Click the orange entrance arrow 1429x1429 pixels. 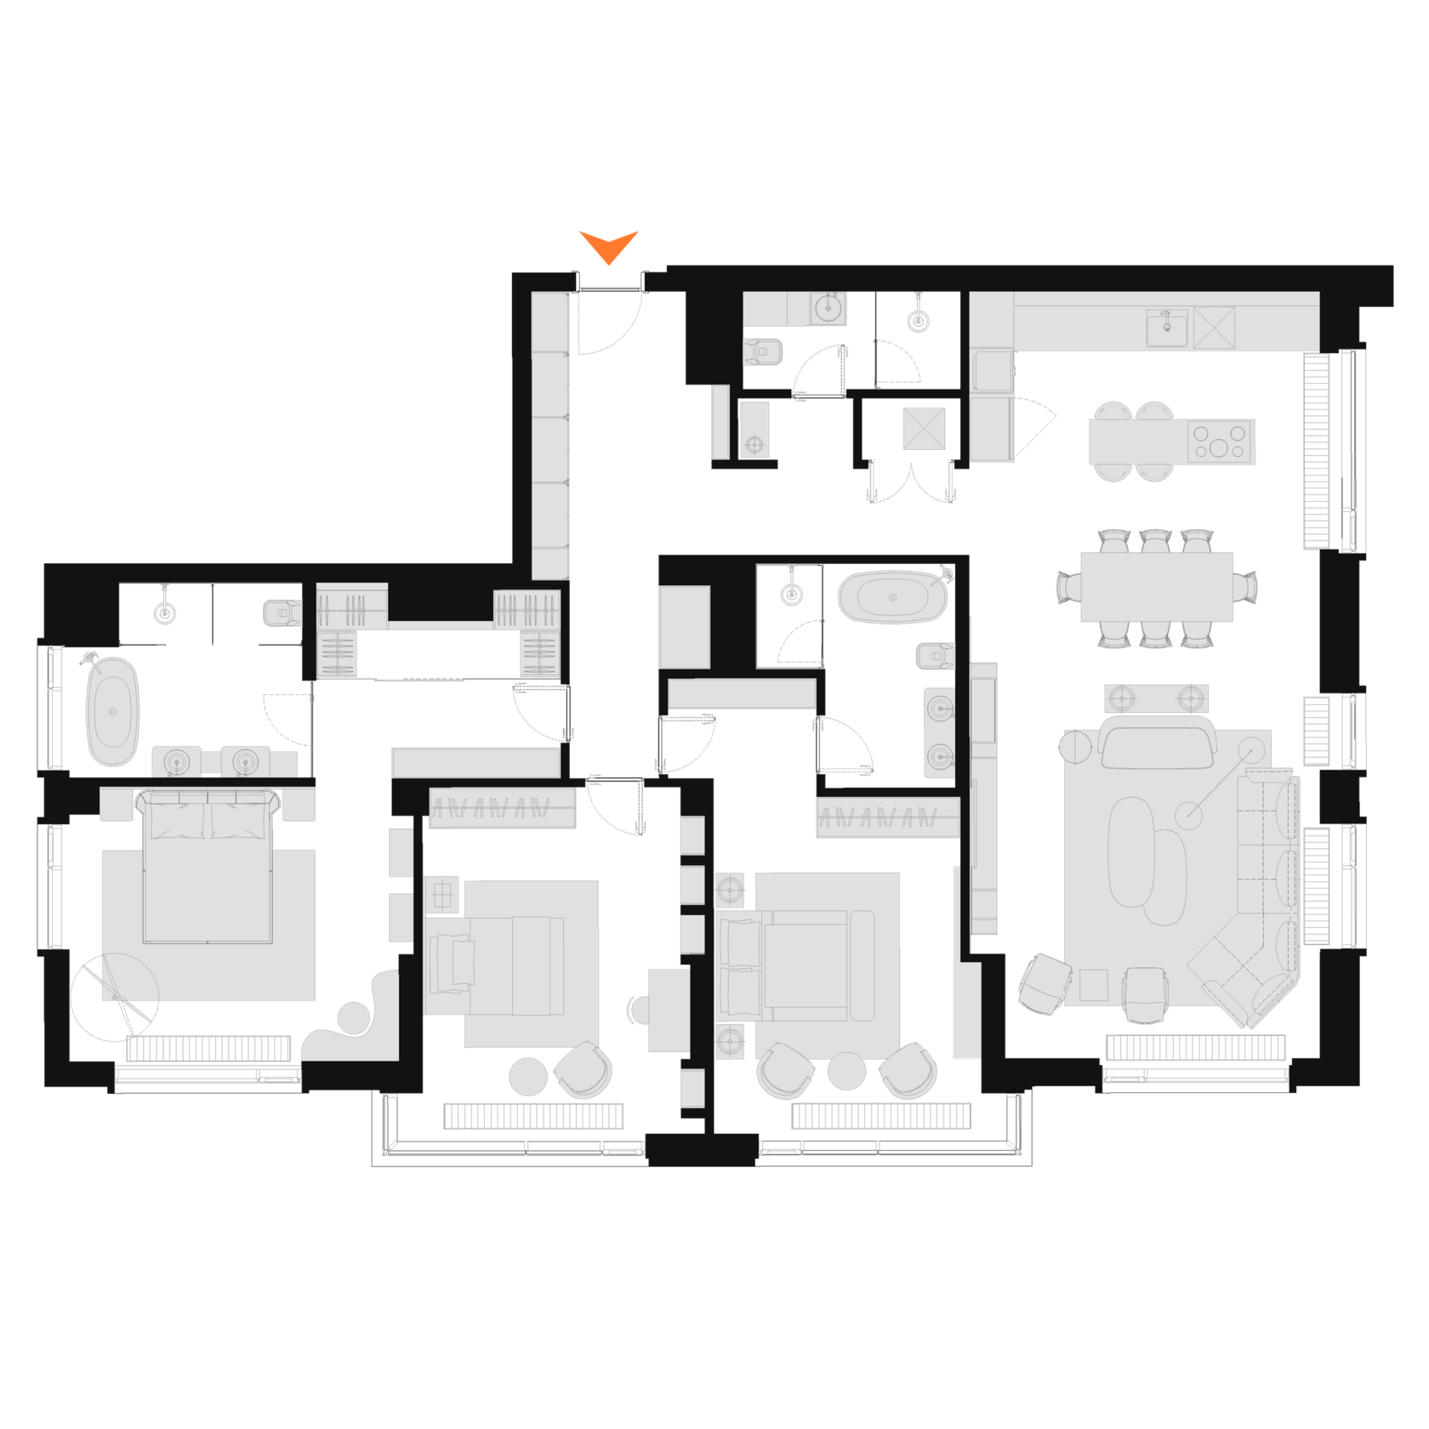pyautogui.click(x=609, y=246)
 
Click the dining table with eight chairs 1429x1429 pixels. pyautogui.click(x=1157, y=587)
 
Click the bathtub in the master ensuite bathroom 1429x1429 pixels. pyautogui.click(x=112, y=711)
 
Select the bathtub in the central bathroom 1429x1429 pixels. pyautogui.click(x=891, y=596)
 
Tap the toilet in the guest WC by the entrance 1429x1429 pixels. pyautogui.click(x=763, y=350)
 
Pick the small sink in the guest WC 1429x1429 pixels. pyautogui.click(x=827, y=307)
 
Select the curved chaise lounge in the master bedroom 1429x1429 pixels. pyautogui.click(x=353, y=1021)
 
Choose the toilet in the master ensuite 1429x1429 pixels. pyautogui.click(x=281, y=612)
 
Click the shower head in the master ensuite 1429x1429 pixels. pyautogui.click(x=164, y=610)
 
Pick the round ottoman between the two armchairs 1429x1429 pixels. pyautogui.click(x=846, y=1072)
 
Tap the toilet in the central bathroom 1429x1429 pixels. pyautogui.click(x=934, y=656)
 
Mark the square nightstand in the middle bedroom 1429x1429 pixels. pyautogui.click(x=442, y=895)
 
